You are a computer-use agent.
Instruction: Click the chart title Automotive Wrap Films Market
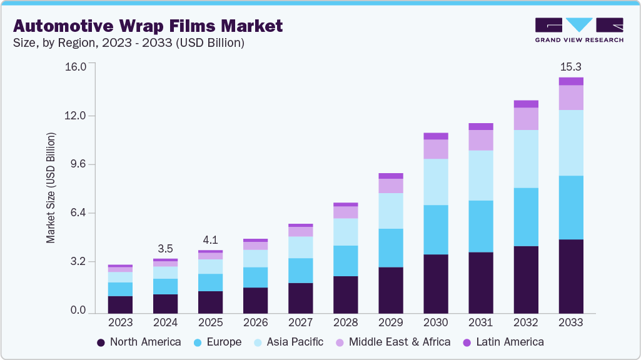click(148, 26)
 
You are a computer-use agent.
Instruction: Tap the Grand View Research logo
click(578, 29)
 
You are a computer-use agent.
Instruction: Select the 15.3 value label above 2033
click(570, 66)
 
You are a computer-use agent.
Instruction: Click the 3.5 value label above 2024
click(165, 248)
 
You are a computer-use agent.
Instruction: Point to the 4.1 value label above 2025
click(210, 239)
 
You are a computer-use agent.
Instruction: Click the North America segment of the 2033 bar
click(570, 276)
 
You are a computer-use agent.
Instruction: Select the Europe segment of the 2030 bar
click(435, 229)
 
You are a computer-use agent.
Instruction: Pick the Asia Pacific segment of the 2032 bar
click(525, 159)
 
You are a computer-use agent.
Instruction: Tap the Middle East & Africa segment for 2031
click(480, 140)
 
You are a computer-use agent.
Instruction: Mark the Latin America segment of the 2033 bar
click(570, 81)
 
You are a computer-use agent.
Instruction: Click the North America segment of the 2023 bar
click(120, 304)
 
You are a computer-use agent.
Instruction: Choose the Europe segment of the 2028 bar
click(345, 261)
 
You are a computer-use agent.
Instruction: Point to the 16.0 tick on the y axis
click(79, 67)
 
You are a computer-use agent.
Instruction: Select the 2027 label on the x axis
click(300, 322)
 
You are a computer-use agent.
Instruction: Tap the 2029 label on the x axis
click(390, 322)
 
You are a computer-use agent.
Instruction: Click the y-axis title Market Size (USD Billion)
click(51, 187)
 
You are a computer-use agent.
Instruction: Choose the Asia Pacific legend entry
click(288, 342)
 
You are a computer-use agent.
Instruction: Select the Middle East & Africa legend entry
click(392, 342)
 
